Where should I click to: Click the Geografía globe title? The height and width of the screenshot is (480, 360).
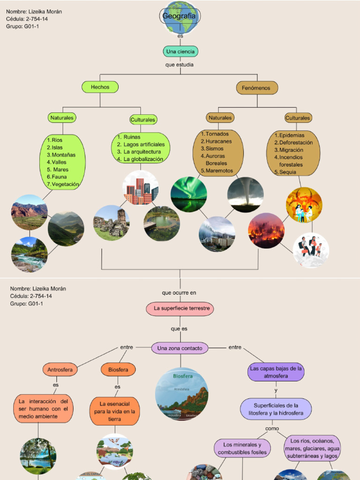(x=180, y=16)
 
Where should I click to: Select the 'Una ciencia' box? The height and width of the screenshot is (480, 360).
(x=180, y=51)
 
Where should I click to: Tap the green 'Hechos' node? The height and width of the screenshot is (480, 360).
(x=100, y=87)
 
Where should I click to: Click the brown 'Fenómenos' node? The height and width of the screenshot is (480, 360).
(x=256, y=88)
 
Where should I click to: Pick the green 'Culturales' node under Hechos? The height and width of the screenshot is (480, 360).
(x=143, y=120)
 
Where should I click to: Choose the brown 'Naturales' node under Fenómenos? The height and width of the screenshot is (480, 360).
(x=220, y=118)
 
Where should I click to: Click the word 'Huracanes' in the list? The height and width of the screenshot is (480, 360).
(x=218, y=141)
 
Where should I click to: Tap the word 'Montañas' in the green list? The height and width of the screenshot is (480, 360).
(x=64, y=155)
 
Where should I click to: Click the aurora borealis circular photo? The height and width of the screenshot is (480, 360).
(x=188, y=194)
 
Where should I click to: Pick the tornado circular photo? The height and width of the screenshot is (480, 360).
(x=245, y=194)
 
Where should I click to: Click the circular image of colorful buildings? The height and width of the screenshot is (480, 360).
(x=141, y=188)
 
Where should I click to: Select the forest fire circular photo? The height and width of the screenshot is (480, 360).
(x=266, y=230)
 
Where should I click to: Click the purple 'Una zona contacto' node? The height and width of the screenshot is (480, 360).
(x=180, y=348)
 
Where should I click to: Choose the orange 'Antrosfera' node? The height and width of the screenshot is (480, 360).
(x=60, y=370)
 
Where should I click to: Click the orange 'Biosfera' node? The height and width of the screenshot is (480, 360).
(x=118, y=370)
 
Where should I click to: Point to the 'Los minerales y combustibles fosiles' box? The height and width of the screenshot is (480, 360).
(x=242, y=448)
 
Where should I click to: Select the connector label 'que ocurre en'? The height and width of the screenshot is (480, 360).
(x=179, y=292)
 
